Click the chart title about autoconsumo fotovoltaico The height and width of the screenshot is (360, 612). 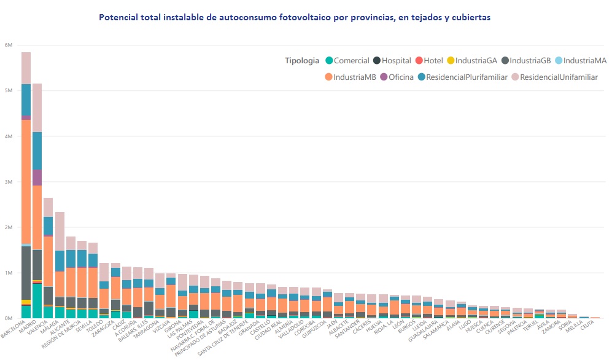[295, 18]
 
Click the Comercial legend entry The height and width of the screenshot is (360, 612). [351, 61]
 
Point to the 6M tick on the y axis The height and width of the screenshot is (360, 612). [9, 45]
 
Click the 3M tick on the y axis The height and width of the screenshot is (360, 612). [9, 182]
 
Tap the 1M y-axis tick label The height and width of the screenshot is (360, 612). [9, 273]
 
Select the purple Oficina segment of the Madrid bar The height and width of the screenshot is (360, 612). [37, 178]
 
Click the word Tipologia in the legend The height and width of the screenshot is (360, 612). [302, 61]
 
